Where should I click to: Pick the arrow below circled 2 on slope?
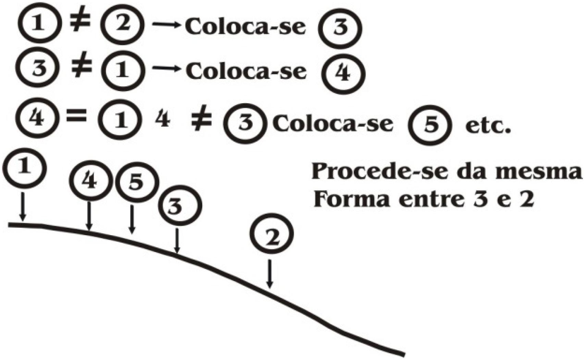coord(270,274)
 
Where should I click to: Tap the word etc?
coord(488,126)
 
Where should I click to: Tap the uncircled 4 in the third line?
coord(163,120)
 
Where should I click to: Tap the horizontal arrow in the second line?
coord(166,69)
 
